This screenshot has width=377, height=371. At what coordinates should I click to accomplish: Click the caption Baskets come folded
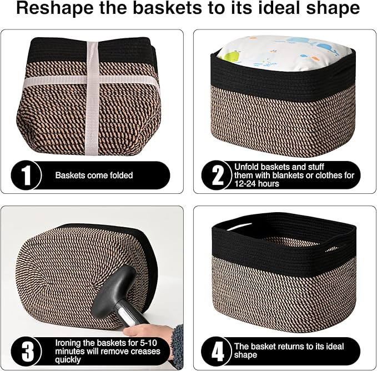(94, 176)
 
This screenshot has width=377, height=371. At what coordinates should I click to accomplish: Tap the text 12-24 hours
(257, 184)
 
